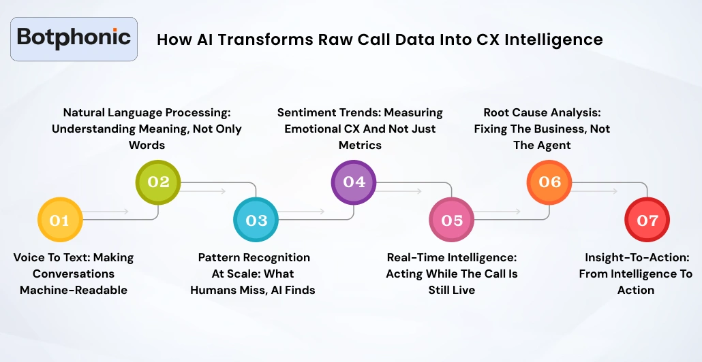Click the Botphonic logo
pyautogui.click(x=74, y=37)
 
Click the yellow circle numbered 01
pyautogui.click(x=59, y=220)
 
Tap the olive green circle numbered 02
pyautogui.click(x=157, y=182)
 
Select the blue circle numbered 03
pyautogui.click(x=256, y=220)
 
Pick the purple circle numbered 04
pyautogui.click(x=354, y=182)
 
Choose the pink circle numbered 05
pyautogui.click(x=452, y=220)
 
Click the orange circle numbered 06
pyautogui.click(x=549, y=182)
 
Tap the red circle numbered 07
pyautogui.click(x=647, y=220)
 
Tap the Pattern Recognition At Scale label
pyautogui.click(x=253, y=274)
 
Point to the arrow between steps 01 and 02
pyautogui.click(x=109, y=212)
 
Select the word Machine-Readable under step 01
pyautogui.click(x=74, y=290)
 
